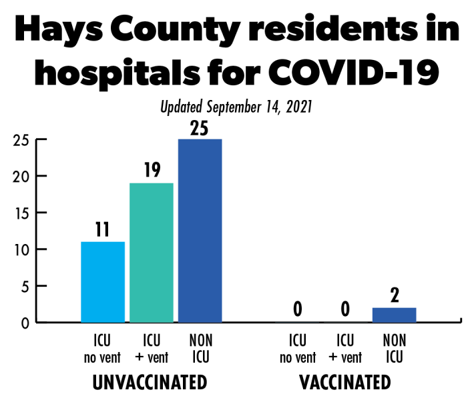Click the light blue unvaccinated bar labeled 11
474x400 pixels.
tap(102, 282)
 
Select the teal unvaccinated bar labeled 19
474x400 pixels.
tap(151, 253)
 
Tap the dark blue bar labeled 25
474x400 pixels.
tap(200, 231)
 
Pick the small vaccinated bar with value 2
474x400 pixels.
tap(395, 315)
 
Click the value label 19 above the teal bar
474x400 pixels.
tap(151, 171)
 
